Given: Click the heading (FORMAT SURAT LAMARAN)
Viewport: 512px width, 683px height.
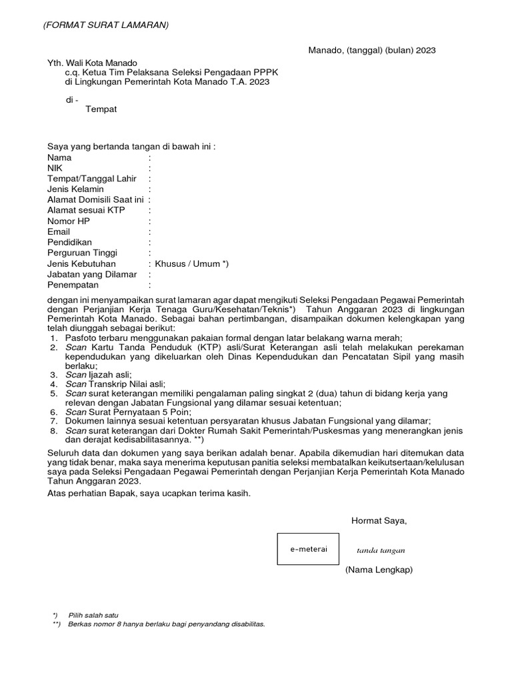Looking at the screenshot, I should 106,25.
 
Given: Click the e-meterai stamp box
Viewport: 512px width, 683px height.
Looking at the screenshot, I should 309,549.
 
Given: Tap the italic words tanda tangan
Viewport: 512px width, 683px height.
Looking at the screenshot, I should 381,550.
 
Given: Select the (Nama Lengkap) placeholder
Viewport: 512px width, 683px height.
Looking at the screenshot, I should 379,570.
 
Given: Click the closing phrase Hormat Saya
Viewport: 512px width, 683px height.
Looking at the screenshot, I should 379,520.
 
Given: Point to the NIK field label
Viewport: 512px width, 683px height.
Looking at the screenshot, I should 55,169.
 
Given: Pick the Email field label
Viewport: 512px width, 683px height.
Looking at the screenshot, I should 59,231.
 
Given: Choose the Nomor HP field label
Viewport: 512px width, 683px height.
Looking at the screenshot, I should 68,221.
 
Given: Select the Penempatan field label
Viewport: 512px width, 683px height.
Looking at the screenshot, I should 73,285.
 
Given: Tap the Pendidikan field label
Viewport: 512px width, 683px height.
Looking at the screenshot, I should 70,242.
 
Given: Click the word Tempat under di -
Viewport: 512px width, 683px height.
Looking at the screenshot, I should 101,109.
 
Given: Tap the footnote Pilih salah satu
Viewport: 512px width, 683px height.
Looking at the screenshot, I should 93,614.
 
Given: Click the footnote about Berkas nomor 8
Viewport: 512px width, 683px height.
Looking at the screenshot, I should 167,624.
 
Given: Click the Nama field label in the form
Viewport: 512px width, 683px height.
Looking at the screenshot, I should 59,158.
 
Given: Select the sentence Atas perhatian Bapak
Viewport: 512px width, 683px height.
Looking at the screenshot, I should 149,493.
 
